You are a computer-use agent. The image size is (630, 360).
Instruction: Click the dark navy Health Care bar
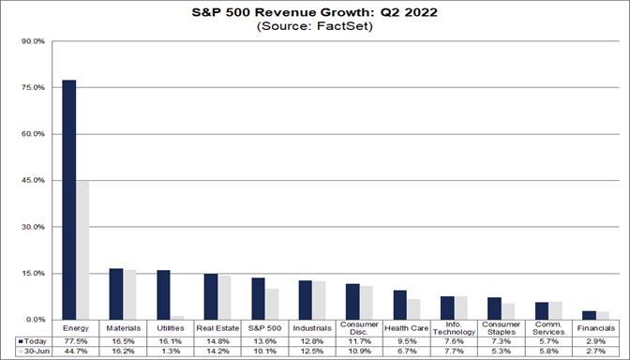click(399, 305)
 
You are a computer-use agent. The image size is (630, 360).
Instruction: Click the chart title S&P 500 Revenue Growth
click(315, 14)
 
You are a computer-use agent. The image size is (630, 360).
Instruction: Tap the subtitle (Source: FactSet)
click(315, 27)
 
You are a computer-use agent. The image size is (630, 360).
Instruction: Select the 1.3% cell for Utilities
click(171, 353)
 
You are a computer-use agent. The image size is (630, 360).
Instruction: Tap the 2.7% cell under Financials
click(594, 353)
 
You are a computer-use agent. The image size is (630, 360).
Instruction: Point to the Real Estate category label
click(217, 328)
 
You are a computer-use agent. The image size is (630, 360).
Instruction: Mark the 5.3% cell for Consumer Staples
click(501, 353)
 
